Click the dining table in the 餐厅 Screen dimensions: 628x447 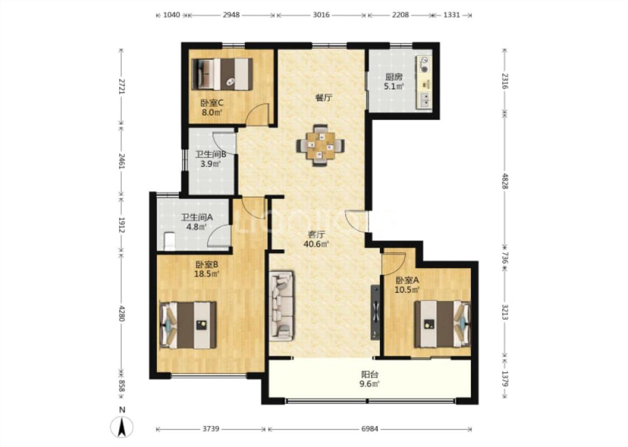[x=320, y=145]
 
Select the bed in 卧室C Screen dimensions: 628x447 [x=222, y=74]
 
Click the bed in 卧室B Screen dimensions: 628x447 [x=188, y=325]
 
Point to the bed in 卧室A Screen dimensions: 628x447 [x=442, y=324]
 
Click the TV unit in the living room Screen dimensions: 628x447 [x=375, y=312]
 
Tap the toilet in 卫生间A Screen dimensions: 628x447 [x=170, y=241]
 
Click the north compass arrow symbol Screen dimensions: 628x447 [x=122, y=426]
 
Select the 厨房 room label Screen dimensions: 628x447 [x=394, y=77]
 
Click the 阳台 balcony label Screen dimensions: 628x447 [x=370, y=375]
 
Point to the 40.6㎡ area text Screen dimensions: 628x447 [x=317, y=244]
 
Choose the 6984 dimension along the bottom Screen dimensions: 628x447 [x=370, y=429]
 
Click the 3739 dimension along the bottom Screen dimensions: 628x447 [x=210, y=429]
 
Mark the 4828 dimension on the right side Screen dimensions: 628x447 [x=505, y=181]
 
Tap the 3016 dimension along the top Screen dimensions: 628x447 [x=321, y=15]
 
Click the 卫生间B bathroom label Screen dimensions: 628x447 [x=210, y=154]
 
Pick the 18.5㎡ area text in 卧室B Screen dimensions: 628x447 [x=207, y=274]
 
